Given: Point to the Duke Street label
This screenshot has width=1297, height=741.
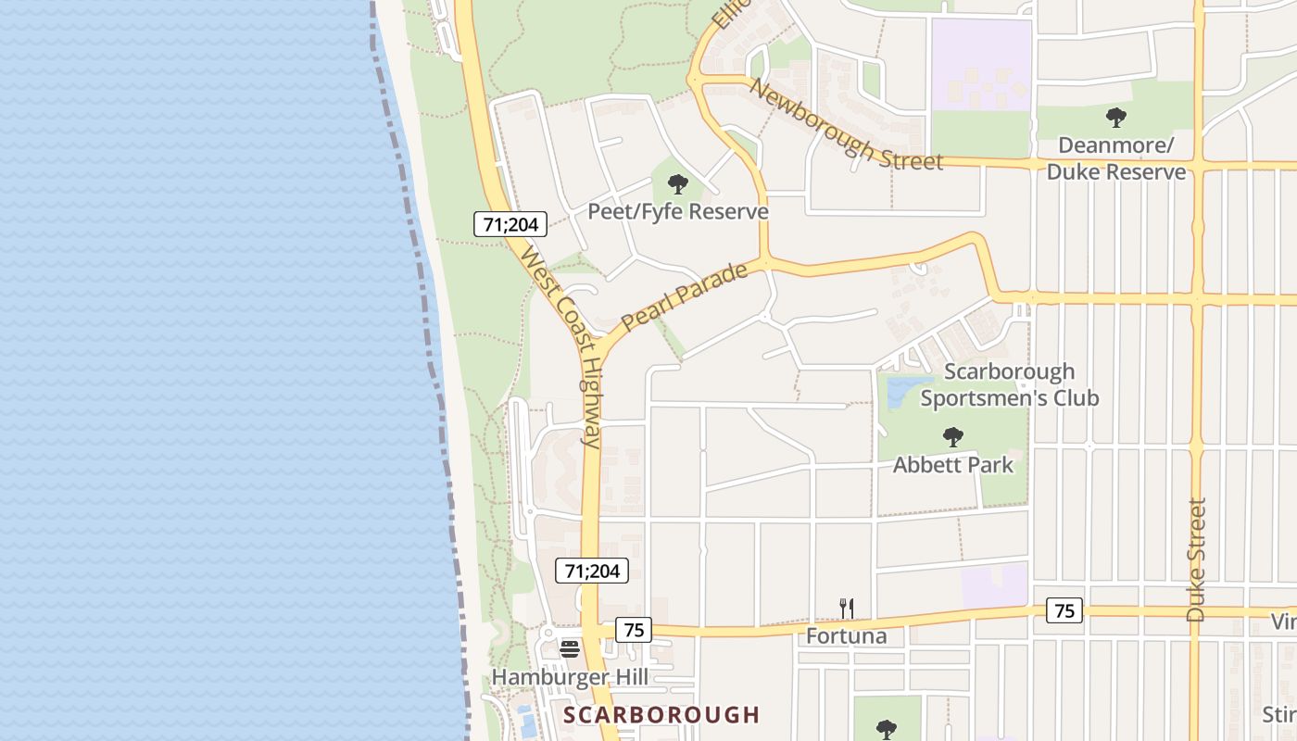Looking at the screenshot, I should (x=1197, y=559).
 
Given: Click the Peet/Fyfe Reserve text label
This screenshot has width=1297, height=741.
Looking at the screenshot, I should (x=678, y=212).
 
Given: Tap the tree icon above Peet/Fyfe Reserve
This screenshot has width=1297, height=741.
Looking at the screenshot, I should (x=678, y=183).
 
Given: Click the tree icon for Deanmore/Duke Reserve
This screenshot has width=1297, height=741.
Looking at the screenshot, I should (x=1116, y=118).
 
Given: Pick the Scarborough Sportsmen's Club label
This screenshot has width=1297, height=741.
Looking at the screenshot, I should (x=1009, y=384).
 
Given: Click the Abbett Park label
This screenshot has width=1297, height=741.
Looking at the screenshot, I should (x=953, y=465).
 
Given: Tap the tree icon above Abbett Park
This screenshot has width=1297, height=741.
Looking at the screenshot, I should (x=952, y=437).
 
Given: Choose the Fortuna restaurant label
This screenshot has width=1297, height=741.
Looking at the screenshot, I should (x=846, y=636).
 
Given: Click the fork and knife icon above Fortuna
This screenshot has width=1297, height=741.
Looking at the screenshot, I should (x=846, y=609).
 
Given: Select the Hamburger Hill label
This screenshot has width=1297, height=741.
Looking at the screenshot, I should (x=570, y=677).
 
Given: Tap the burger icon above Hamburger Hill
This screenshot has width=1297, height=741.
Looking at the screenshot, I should (x=570, y=648).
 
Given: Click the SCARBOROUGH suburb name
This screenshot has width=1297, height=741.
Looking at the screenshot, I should (x=661, y=715).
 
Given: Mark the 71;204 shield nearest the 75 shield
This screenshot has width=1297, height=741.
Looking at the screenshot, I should (x=592, y=571).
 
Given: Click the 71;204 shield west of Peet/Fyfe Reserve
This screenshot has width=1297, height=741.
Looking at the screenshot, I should (x=510, y=224).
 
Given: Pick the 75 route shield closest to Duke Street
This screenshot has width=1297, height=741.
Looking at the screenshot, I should (x=1064, y=610).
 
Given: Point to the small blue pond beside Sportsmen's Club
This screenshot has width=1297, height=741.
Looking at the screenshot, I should (x=898, y=393).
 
